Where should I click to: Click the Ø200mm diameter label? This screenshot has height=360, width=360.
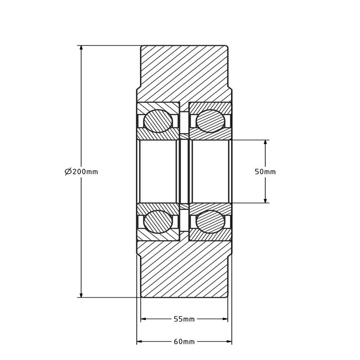coord(81,171)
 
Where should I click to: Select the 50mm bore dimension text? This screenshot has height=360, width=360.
coord(265,171)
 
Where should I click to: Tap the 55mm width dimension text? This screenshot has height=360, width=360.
coord(184,319)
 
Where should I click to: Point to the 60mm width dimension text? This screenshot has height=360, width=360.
coord(184,342)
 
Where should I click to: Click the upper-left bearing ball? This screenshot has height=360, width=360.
coord(158,121)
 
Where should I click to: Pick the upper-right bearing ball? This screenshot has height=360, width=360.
coord(210,121)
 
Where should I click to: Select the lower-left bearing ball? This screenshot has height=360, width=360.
coord(158,222)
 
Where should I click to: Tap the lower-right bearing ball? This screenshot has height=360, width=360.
coord(210,222)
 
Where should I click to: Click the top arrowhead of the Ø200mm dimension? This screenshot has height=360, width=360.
coord(81,48)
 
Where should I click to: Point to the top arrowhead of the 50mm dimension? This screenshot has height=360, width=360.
coord(265,143)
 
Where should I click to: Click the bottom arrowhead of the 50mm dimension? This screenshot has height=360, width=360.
coord(265,200)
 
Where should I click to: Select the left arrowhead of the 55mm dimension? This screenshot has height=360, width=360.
coord(144,319)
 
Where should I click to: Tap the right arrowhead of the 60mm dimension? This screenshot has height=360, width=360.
coord(229,342)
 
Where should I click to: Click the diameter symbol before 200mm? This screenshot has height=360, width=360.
coord(68,171)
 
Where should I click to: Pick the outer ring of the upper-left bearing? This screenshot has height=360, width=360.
coord(158,107)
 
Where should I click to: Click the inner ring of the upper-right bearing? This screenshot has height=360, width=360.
coord(210,135)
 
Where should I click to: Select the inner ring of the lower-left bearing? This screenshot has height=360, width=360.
coord(158,207)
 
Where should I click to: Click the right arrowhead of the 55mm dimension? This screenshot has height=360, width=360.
coord(225,319)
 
